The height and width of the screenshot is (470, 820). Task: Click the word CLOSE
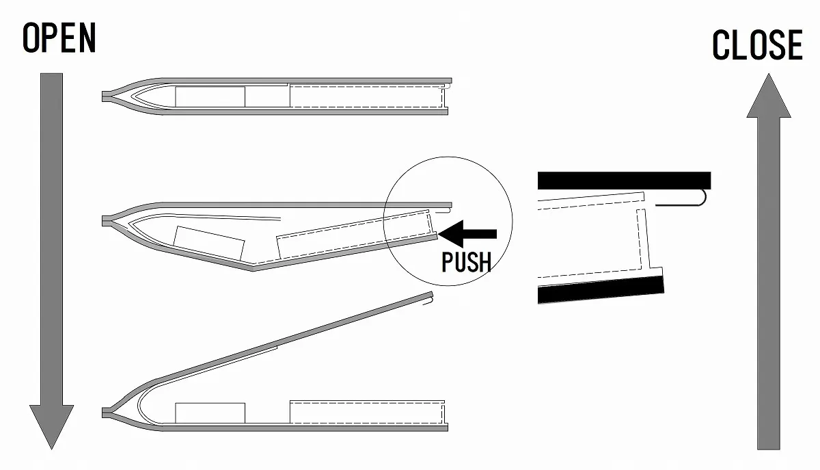point(757,46)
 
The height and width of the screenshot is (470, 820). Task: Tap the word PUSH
point(466,261)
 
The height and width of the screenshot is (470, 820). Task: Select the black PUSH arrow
point(469,234)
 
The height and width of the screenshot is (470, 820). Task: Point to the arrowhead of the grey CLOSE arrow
point(769,96)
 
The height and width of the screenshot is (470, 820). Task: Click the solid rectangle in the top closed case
point(210,97)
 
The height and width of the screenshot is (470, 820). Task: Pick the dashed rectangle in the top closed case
point(368,97)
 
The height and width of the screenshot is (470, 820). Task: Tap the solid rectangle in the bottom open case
point(210,413)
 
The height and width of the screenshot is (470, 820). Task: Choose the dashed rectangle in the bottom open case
point(368,412)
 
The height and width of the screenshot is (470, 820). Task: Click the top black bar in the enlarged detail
point(624,181)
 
